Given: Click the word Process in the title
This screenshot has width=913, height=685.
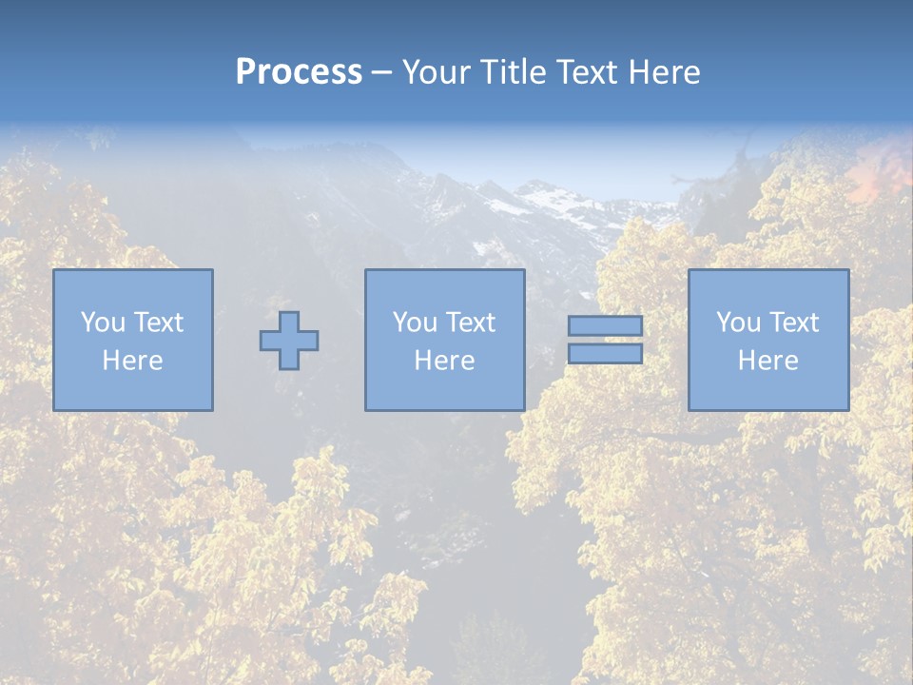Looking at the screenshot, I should pos(299,72).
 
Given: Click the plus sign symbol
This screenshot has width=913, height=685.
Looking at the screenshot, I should pos(289,340).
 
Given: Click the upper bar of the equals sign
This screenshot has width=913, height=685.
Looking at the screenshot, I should pos(605,325).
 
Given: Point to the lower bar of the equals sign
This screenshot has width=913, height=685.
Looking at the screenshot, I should pos(605,354).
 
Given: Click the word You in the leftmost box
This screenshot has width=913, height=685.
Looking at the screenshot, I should pos(103,323).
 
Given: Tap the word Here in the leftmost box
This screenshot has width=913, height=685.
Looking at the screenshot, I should pos(133,361).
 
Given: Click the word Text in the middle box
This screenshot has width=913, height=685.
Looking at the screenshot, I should pos(469,323).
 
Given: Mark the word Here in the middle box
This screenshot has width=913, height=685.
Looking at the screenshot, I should pos(445,361).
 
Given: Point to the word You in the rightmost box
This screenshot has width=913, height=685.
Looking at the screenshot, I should pos(738,323).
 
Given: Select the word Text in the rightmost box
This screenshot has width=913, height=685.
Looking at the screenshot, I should pos(792,323).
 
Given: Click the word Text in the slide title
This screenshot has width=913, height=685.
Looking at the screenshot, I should pos(582,72).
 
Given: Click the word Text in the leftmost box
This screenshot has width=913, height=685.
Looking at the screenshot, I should pos(157,323).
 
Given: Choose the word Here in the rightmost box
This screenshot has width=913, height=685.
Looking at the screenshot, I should pos(768,361).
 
